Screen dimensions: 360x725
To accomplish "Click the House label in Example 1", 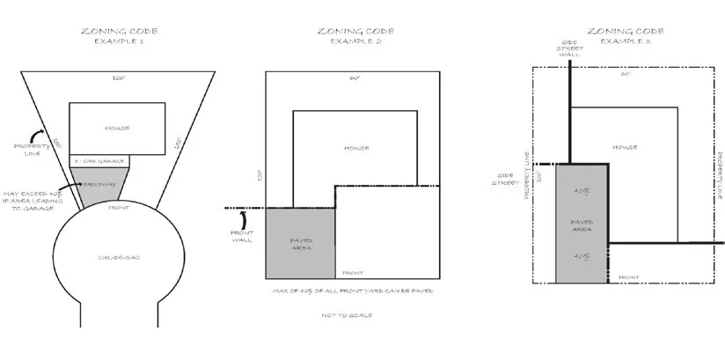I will [x=117, y=129].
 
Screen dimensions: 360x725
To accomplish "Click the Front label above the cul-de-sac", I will [x=117, y=208].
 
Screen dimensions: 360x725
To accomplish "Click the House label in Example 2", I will [x=356, y=148].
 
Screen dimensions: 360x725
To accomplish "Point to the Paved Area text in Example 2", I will [x=301, y=244].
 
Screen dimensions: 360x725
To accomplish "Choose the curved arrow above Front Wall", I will [x=245, y=216].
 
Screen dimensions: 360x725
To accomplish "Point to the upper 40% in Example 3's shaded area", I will [x=581, y=190].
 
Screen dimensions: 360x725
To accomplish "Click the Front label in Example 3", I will [x=629, y=276].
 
